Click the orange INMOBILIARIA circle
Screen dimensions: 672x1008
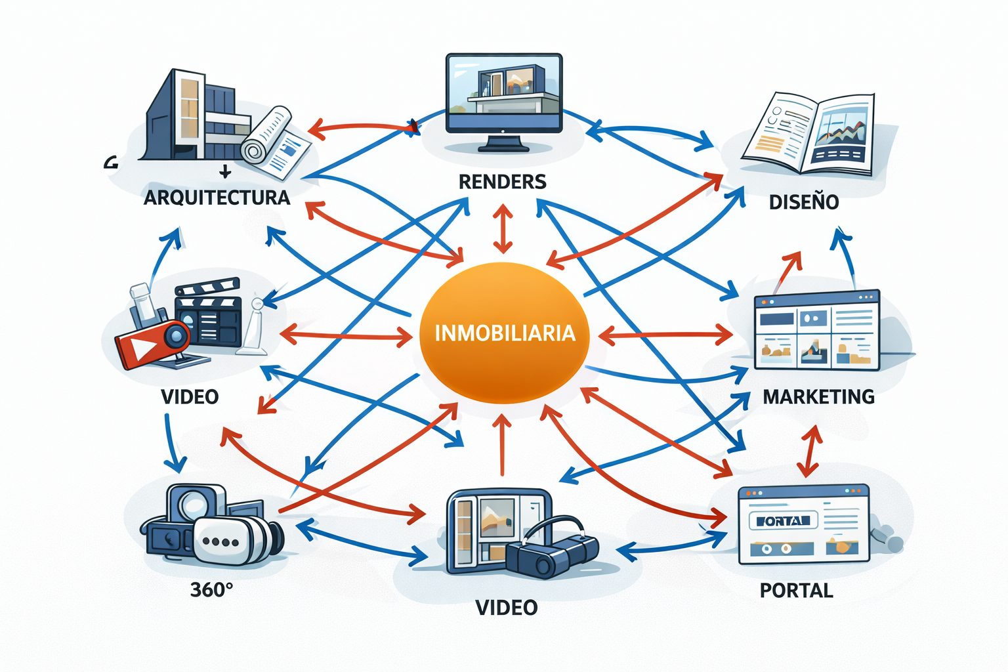(504, 333)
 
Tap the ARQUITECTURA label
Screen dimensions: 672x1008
(217, 197)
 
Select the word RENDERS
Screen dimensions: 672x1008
(502, 181)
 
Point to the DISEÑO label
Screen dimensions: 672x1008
(803, 201)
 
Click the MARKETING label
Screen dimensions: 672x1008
(818, 396)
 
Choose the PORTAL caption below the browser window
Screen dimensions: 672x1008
(796, 590)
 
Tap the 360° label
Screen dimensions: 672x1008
(211, 589)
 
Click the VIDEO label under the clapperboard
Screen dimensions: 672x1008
(190, 396)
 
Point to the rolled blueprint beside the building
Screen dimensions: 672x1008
(266, 135)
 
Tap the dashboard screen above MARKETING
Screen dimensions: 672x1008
(816, 329)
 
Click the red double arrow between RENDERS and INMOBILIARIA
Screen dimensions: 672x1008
(503, 229)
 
